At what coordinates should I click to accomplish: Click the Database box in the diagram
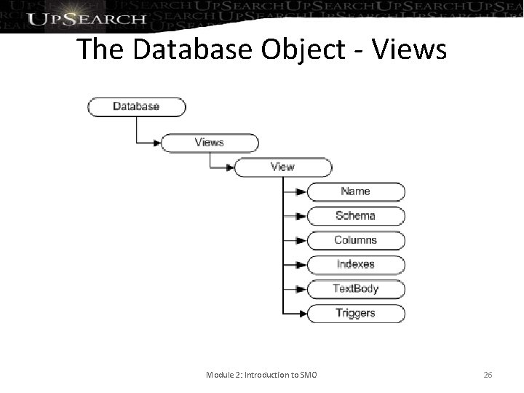tap(136, 106)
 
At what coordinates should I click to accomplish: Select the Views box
tap(210, 143)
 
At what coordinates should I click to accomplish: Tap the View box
tap(282, 167)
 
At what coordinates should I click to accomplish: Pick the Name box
tap(356, 191)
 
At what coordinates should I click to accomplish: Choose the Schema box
tap(356, 216)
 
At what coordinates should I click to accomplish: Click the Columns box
tap(356, 240)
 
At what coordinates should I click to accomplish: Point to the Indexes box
tap(356, 265)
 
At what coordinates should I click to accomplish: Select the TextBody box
tap(356, 289)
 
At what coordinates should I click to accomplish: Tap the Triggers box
tap(356, 314)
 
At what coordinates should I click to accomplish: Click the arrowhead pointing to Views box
tap(156, 143)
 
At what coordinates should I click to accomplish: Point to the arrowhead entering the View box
tap(229, 167)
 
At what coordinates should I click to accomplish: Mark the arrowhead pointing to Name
tap(302, 192)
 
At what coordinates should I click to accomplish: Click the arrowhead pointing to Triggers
tap(302, 314)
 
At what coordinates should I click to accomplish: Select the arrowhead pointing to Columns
tap(302, 241)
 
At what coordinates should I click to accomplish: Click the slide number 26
tap(488, 375)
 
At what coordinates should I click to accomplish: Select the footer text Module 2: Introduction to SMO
tap(266, 375)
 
